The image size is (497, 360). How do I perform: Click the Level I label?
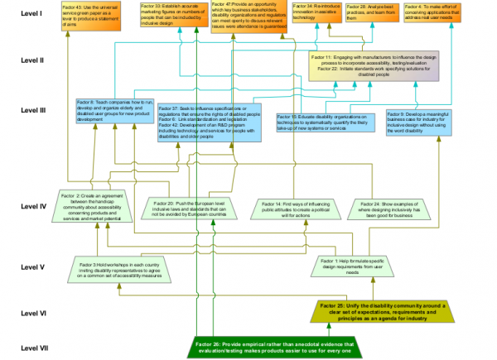(31, 14)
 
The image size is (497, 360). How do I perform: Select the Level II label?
(32, 60)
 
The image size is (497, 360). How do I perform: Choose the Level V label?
(31, 267)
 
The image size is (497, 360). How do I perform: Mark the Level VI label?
(32, 314)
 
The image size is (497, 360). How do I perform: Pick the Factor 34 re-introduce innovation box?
(314, 12)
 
